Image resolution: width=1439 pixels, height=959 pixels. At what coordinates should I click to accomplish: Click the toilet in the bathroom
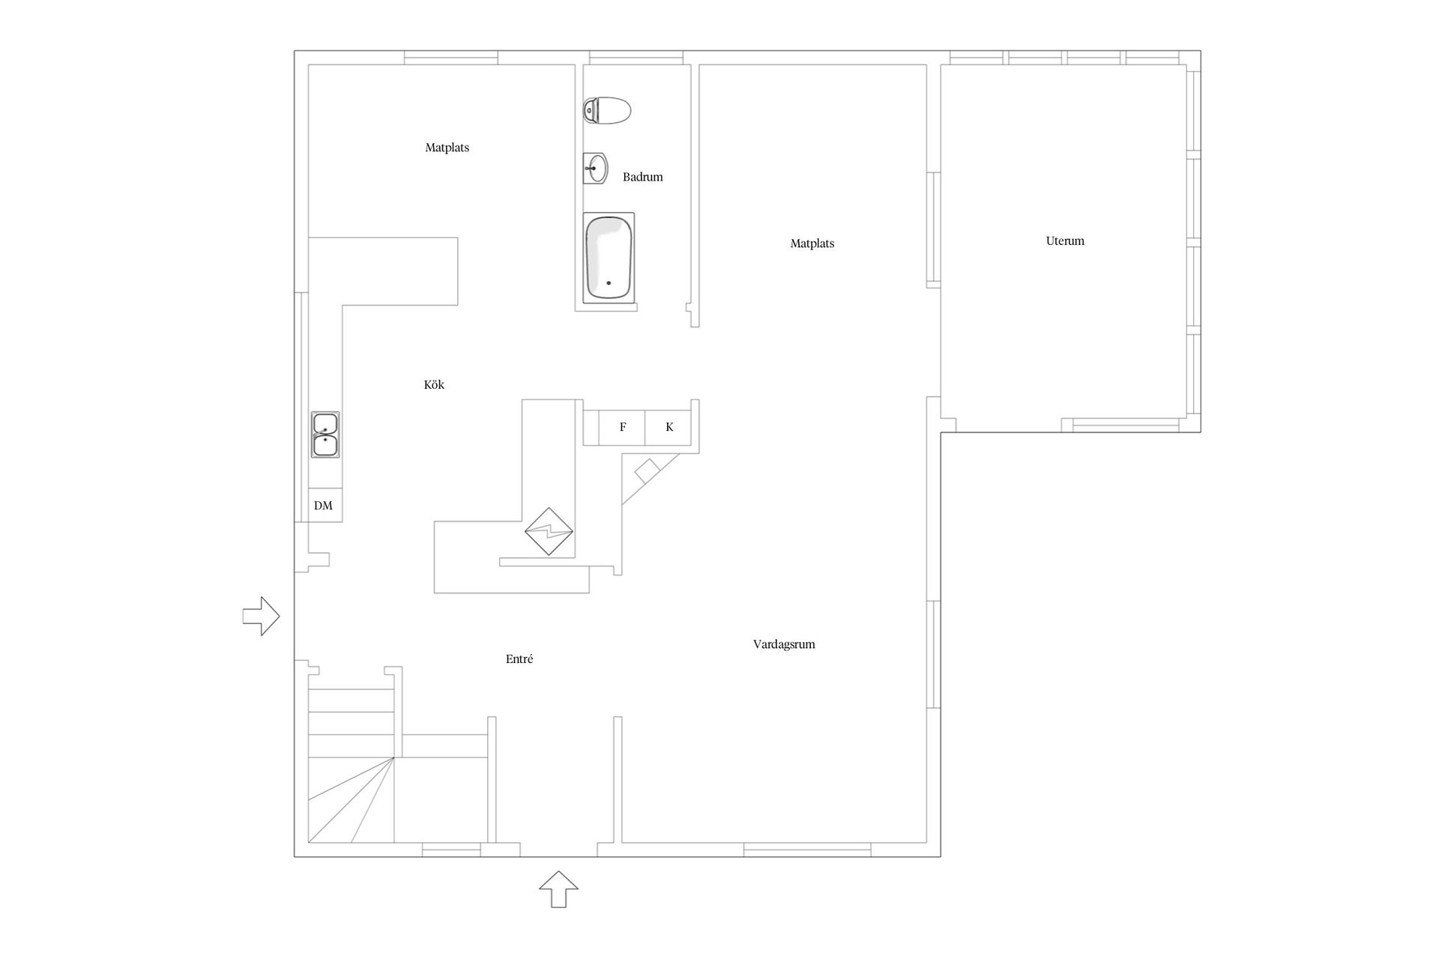click(x=607, y=111)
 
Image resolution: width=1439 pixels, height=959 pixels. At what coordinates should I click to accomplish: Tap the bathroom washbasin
click(x=595, y=169)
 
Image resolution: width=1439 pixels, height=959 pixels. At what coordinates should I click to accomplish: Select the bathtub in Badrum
click(x=609, y=258)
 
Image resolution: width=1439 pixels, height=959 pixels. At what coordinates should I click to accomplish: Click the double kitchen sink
click(x=325, y=435)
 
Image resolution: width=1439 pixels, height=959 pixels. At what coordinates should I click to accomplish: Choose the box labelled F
click(x=622, y=428)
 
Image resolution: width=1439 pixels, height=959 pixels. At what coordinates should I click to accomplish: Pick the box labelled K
click(x=669, y=428)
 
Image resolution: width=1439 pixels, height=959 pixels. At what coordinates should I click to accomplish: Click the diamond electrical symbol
click(x=549, y=532)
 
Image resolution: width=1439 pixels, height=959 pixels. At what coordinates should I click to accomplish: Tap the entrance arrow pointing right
click(x=261, y=617)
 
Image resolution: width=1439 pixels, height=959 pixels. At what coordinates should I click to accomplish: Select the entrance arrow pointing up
click(x=558, y=889)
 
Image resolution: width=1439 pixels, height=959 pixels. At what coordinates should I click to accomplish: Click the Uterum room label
click(x=1065, y=241)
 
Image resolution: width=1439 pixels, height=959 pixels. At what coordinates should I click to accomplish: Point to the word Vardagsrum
click(x=784, y=644)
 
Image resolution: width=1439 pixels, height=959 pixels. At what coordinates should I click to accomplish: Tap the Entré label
click(x=519, y=659)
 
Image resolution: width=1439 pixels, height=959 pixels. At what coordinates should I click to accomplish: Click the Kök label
click(x=434, y=385)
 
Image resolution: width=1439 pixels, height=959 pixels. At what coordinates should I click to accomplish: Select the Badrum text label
click(x=642, y=178)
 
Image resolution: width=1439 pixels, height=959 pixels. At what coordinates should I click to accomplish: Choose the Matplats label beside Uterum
click(x=812, y=243)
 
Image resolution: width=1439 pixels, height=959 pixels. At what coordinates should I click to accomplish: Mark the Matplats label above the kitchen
click(x=447, y=148)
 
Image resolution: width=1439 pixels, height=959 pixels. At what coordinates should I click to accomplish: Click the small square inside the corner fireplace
click(x=648, y=471)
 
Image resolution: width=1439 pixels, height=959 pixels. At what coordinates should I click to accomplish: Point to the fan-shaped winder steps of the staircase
click(x=351, y=800)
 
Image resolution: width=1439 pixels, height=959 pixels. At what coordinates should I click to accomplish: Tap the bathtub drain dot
click(x=609, y=283)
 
